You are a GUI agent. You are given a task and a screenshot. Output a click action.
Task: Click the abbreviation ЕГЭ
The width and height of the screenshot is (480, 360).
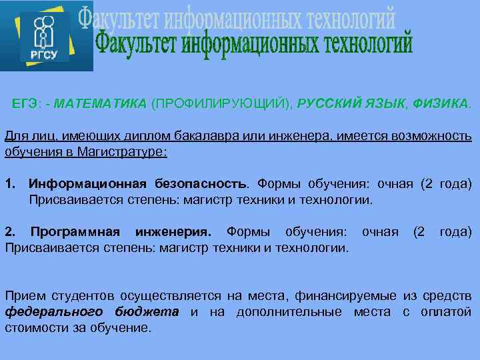point(25,104)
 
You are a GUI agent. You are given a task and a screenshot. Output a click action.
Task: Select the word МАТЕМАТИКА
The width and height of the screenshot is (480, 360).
point(100,104)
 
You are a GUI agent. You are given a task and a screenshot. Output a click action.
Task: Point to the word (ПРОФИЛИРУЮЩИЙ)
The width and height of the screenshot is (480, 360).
point(222,104)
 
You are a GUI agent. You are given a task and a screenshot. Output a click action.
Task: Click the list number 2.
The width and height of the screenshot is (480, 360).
point(9,232)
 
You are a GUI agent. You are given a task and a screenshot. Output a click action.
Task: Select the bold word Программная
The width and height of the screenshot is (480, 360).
point(75,232)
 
